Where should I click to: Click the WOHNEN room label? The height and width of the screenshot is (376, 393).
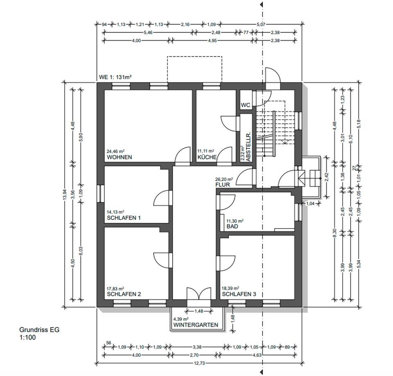119,157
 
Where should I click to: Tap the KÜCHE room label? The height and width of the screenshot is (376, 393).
207,157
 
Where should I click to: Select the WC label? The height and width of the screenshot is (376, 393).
246,105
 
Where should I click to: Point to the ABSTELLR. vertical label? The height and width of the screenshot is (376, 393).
248,147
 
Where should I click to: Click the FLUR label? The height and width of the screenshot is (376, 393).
223,185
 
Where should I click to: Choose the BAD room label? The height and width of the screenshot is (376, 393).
233,226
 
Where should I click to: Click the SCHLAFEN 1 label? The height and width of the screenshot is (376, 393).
124,218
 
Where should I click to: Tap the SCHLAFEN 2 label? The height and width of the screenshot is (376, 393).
124,294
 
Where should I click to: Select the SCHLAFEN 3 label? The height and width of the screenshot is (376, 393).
239,294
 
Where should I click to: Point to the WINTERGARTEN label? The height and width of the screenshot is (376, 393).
196,325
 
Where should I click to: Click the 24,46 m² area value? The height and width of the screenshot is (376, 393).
115,151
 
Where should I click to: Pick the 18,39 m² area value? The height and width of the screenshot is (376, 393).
230,288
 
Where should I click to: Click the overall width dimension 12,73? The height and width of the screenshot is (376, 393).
199,363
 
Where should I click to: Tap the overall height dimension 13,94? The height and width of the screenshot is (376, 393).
65,195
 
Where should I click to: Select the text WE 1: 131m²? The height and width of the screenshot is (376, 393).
115,77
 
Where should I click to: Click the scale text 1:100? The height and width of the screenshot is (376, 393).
27,337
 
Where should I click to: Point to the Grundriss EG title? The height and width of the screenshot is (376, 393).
39,330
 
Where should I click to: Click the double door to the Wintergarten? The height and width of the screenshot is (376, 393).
199,294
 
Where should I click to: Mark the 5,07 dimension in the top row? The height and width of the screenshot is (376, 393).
261,24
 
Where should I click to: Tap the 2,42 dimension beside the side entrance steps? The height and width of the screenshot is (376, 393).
326,177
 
